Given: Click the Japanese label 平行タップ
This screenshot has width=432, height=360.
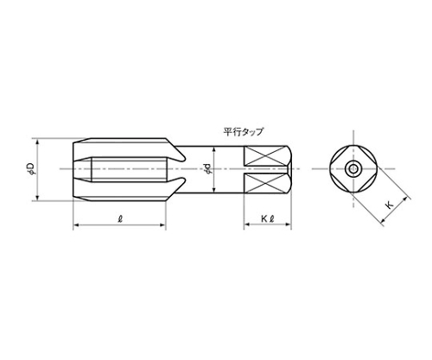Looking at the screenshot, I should [x=243, y=132].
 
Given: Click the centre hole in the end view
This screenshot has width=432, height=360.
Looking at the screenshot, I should [x=353, y=167].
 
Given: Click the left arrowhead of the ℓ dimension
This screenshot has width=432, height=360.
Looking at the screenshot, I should [x=73, y=226].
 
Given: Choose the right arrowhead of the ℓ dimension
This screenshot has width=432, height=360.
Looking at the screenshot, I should [x=167, y=226].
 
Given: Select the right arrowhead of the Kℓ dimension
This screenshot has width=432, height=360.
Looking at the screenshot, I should [x=291, y=226].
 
